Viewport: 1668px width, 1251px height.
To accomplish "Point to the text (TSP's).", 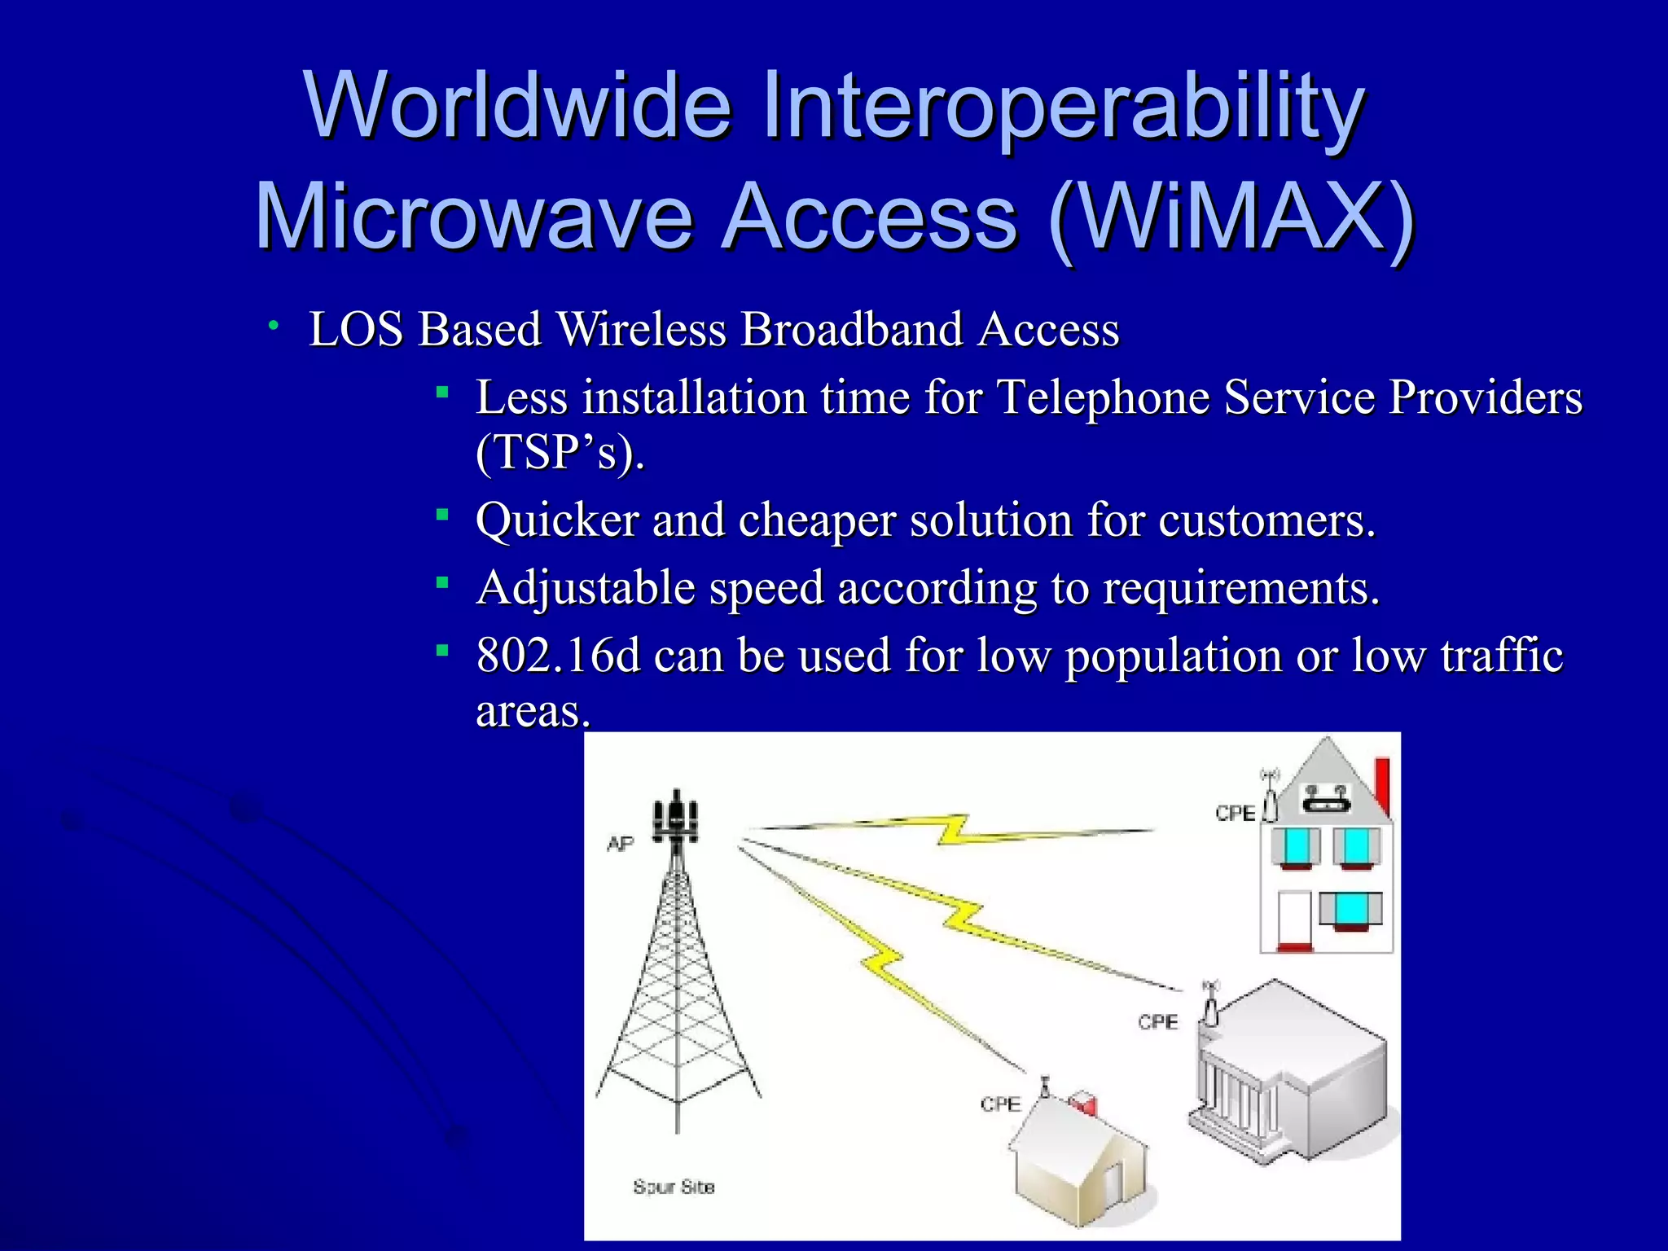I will [560, 451].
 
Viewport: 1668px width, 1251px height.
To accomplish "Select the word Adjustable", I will [586, 588].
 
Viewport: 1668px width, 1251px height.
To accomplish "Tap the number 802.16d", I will [558, 655].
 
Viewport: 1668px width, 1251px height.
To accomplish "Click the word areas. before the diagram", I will [532, 711].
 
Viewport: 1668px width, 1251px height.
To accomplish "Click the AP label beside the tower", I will [620, 844].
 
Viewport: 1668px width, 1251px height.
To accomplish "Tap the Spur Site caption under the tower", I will [674, 1187].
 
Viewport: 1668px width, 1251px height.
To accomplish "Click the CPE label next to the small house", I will [1000, 1104].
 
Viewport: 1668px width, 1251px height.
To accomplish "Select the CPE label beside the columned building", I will [1157, 1021].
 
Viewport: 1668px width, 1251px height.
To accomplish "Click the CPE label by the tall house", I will [1235, 813].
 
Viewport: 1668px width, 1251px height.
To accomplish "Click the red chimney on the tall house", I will [1382, 786].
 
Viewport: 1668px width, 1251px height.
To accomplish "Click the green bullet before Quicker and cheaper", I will [442, 514].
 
